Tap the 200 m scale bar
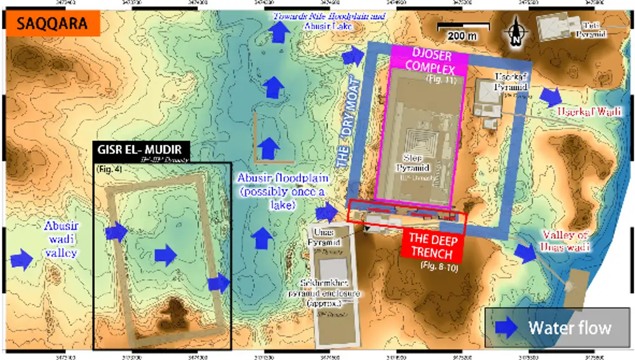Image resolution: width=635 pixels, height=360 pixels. pos(462,29)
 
